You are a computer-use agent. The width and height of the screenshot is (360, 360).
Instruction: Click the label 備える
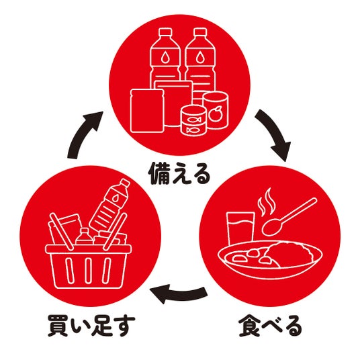tap(180, 174)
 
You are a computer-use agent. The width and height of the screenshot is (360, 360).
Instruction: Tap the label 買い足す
tap(91, 326)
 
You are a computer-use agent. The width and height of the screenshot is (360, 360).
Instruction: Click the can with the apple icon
tap(216, 110)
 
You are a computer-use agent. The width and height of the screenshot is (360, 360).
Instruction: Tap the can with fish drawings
tap(193, 120)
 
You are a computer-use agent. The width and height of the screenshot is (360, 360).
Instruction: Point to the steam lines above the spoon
tap(267, 202)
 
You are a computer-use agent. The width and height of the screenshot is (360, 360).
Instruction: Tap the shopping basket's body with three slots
tap(89, 267)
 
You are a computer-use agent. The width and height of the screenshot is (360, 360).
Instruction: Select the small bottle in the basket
tap(84, 236)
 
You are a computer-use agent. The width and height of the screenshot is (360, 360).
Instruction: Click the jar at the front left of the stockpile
tap(147, 111)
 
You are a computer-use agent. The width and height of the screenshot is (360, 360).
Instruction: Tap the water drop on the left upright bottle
tap(165, 57)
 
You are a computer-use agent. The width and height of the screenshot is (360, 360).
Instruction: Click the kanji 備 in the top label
tap(159, 174)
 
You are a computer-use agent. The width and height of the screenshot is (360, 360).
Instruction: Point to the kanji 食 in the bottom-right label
tap(249, 326)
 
